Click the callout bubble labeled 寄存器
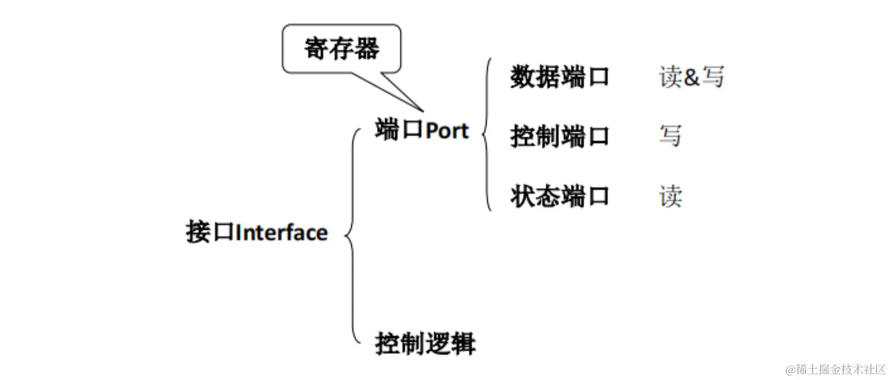[x=341, y=48]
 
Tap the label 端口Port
[x=422, y=130]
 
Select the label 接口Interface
[x=257, y=232]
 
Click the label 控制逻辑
[x=425, y=344]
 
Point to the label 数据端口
[x=560, y=77]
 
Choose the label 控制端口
[x=560, y=136]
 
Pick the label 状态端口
[x=560, y=196]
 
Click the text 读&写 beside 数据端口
[x=692, y=77]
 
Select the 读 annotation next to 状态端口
[x=670, y=196]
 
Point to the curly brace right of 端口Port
[x=487, y=134]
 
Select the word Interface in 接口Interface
[x=281, y=233]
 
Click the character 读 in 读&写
[x=670, y=77]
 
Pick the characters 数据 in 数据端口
[x=534, y=77]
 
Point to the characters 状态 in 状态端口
[x=534, y=196]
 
